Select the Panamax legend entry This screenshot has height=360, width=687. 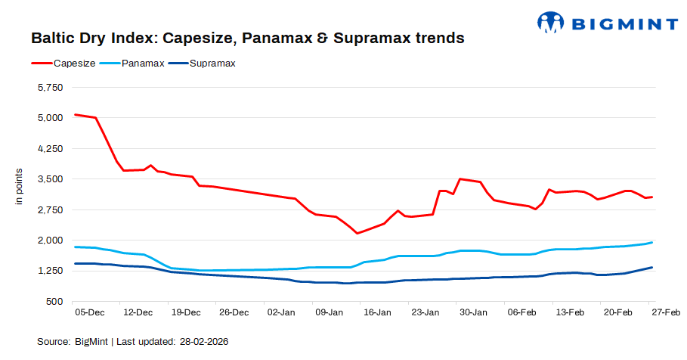143,63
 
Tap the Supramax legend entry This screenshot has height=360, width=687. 212,63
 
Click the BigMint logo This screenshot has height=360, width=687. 608,23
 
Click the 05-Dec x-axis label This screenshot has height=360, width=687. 90,312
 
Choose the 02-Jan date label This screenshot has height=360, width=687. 282,312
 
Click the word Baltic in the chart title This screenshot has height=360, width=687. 51,37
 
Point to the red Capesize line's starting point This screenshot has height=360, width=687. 75,114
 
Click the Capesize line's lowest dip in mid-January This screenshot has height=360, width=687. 357,233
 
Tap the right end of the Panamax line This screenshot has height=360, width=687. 652,242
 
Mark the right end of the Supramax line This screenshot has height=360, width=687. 652,267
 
